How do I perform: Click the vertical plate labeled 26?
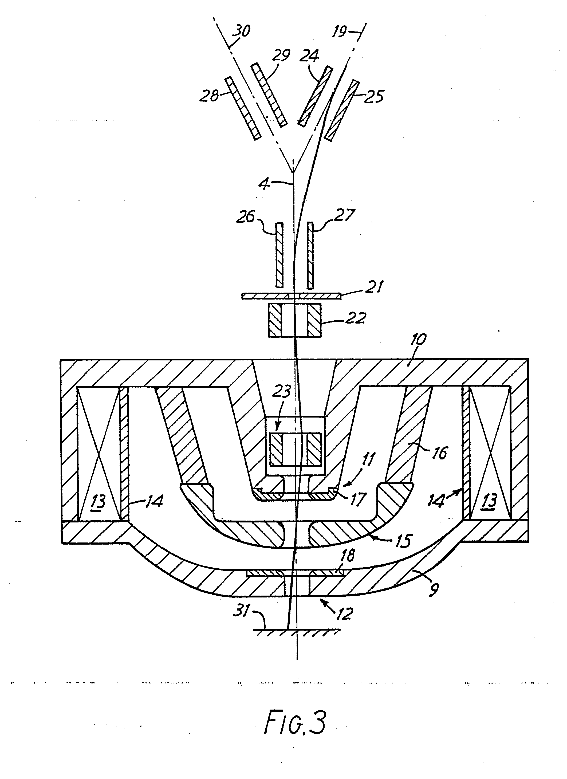click(x=279, y=255)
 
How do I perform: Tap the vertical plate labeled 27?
click(x=310, y=255)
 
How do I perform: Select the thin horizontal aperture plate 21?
click(x=291, y=296)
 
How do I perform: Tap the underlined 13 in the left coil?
click(x=98, y=502)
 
